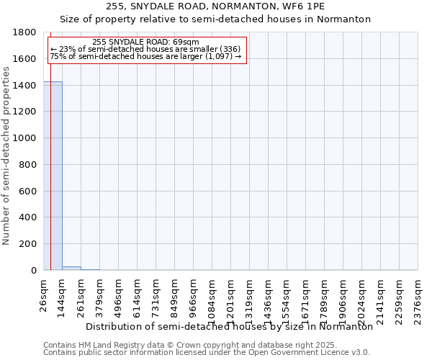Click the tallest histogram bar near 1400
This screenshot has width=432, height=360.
(53, 176)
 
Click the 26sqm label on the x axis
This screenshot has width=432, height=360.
(44, 293)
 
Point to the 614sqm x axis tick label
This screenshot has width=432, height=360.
(138, 295)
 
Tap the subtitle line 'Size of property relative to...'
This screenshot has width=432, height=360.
(215, 19)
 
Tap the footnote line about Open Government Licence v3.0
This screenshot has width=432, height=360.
(207, 352)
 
